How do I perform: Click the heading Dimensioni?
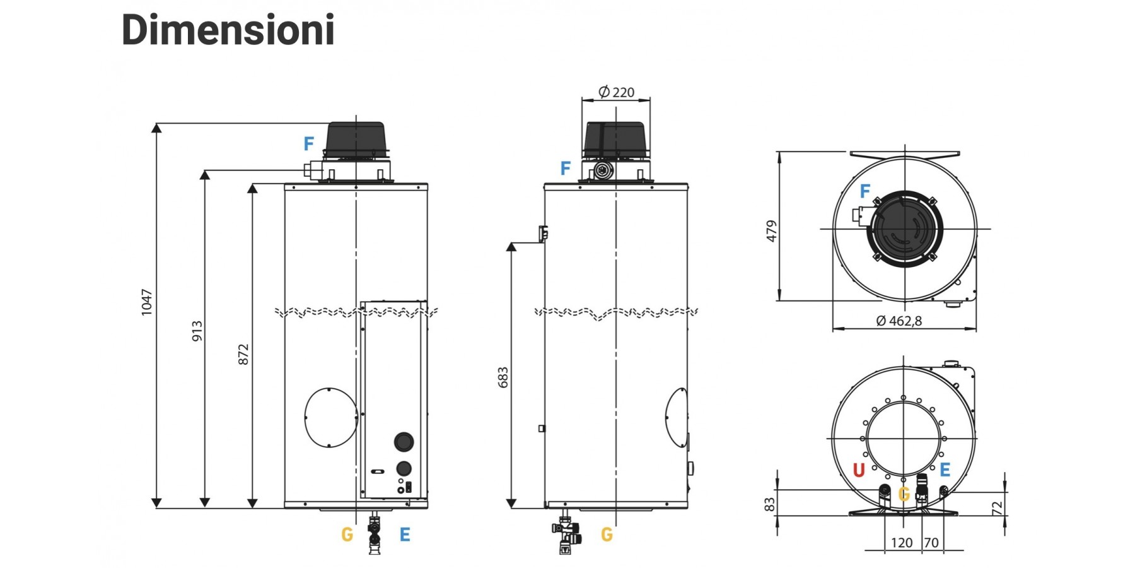(228, 30)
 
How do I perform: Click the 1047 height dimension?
(146, 302)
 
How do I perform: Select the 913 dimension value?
(197, 331)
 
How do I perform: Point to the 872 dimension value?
(243, 354)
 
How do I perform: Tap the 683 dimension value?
(503, 377)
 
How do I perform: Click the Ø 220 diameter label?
(616, 92)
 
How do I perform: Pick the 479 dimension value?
(771, 231)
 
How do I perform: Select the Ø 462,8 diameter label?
(899, 321)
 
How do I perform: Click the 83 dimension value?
(769, 505)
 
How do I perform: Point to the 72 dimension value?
(996, 508)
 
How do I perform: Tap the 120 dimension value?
(902, 543)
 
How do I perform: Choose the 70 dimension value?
(931, 543)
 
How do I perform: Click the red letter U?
(858, 470)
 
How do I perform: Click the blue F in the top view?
(865, 191)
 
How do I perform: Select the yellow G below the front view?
(347, 535)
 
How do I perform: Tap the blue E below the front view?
(405, 535)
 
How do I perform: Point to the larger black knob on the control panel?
(404, 442)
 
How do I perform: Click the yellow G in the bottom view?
(904, 494)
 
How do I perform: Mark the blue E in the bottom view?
(945, 470)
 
